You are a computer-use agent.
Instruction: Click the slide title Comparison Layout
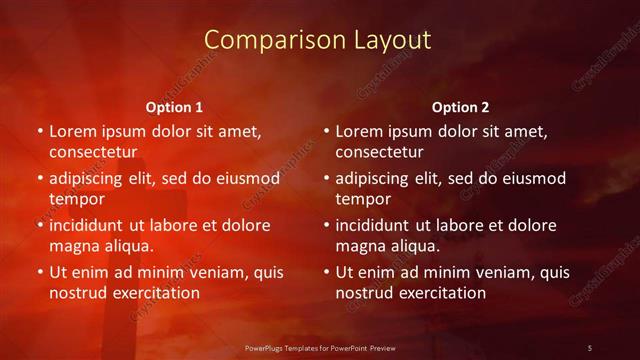pos(318,40)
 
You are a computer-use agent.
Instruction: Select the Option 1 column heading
pos(174,107)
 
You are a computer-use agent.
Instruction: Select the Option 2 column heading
pos(460,107)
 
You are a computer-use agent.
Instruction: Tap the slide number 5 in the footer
pos(590,347)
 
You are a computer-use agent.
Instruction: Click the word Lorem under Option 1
pos(72,131)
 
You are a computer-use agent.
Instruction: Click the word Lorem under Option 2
pos(358,131)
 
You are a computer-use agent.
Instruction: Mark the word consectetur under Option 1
pos(92,152)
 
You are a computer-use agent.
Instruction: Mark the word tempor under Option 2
pos(363,199)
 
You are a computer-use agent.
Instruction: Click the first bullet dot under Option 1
pos(40,131)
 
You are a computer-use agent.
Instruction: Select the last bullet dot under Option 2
pos(326,272)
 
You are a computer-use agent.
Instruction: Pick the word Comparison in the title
pos(266,40)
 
